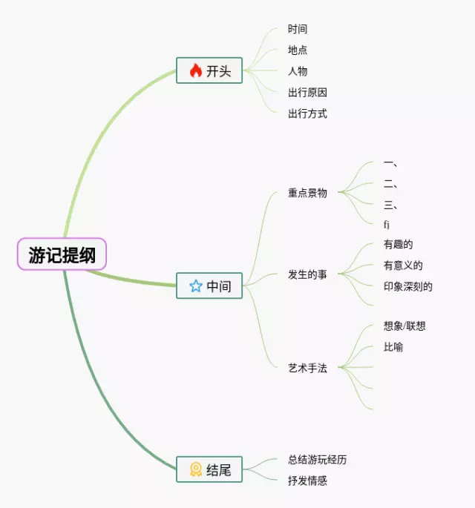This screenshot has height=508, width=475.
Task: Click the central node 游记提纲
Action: coord(62,255)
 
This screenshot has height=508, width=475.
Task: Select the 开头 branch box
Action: coord(209,70)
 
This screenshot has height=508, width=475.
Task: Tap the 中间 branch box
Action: coord(209,286)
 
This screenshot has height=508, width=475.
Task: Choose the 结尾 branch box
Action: coord(209,469)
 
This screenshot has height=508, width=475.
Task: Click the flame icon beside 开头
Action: coord(196,70)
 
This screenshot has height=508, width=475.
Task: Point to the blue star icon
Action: coord(196,286)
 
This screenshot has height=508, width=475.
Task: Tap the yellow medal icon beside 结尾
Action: coord(196,469)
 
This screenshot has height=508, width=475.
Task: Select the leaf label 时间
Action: coord(298,29)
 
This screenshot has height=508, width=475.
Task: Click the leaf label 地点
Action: coord(298,50)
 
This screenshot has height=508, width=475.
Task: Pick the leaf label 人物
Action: coord(298,71)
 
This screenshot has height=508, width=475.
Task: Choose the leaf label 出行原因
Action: coord(307,93)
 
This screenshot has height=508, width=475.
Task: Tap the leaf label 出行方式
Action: coord(307,113)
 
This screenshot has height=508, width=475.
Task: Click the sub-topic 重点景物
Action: coord(307,193)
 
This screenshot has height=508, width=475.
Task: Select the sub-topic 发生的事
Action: coord(307,274)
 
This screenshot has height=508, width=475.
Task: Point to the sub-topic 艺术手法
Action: coord(307,368)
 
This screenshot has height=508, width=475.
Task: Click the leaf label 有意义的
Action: coord(403,265)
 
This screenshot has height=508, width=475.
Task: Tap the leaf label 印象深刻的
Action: coord(407,286)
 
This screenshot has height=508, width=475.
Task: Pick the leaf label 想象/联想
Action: coord(404,326)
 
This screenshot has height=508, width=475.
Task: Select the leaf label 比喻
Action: coord(393,347)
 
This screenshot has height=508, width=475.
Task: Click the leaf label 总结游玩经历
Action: coord(317,460)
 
